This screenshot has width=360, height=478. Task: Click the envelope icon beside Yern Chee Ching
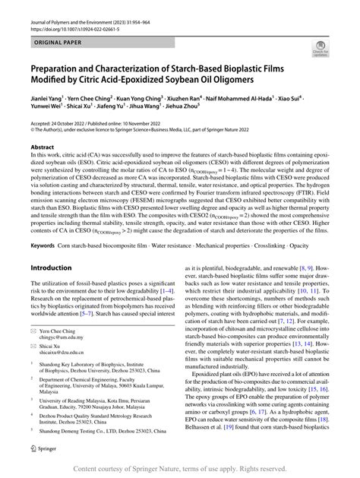pyautogui.click(x=32, y=315)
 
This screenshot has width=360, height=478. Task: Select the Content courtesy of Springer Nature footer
pyautogui.click(x=180, y=468)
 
